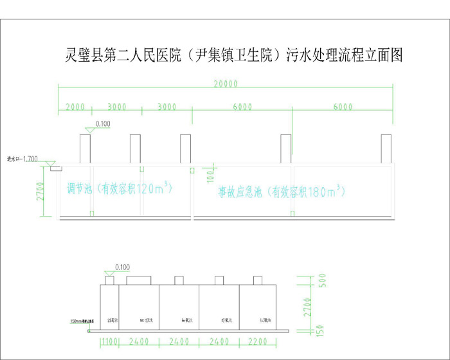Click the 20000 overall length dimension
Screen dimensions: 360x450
click(x=226, y=84)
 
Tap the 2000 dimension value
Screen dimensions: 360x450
click(x=75, y=107)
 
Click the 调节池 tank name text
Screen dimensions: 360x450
click(x=80, y=189)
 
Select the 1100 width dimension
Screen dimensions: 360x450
click(x=109, y=342)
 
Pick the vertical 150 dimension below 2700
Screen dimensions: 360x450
click(x=310, y=329)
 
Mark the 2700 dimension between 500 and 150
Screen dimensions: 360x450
click(x=309, y=306)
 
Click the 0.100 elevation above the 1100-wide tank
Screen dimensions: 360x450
click(x=121, y=267)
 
